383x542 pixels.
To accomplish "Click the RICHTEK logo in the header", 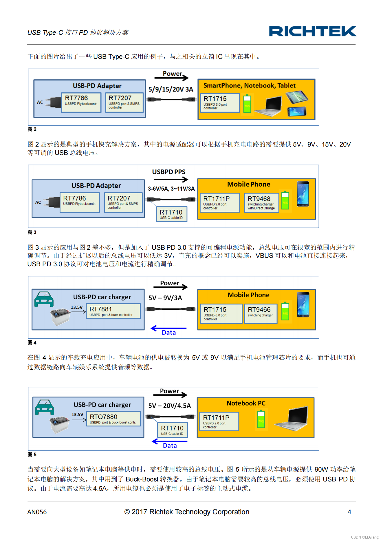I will [312, 31].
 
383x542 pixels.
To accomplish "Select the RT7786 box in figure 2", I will [81, 102].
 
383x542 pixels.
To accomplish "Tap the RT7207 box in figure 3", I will [123, 202].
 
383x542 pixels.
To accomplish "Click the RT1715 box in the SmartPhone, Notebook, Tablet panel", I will [220, 103].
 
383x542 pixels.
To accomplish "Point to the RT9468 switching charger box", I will [261, 202].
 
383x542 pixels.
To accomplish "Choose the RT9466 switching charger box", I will [261, 313].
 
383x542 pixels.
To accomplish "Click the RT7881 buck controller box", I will [113, 311].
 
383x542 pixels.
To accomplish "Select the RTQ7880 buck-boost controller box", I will [113, 419].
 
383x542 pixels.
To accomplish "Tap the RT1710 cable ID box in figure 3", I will [171, 214].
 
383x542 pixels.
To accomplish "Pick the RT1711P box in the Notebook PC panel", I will [219, 421].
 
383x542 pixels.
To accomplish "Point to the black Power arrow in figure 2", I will [172, 77].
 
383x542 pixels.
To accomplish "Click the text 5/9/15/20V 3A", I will [171, 89].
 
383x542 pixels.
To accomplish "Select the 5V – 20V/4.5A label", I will [170, 406].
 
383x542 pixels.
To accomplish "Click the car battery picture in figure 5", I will [59, 424].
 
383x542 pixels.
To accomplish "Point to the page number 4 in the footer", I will [349, 512].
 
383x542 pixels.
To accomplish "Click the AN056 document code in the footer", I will [37, 512].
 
